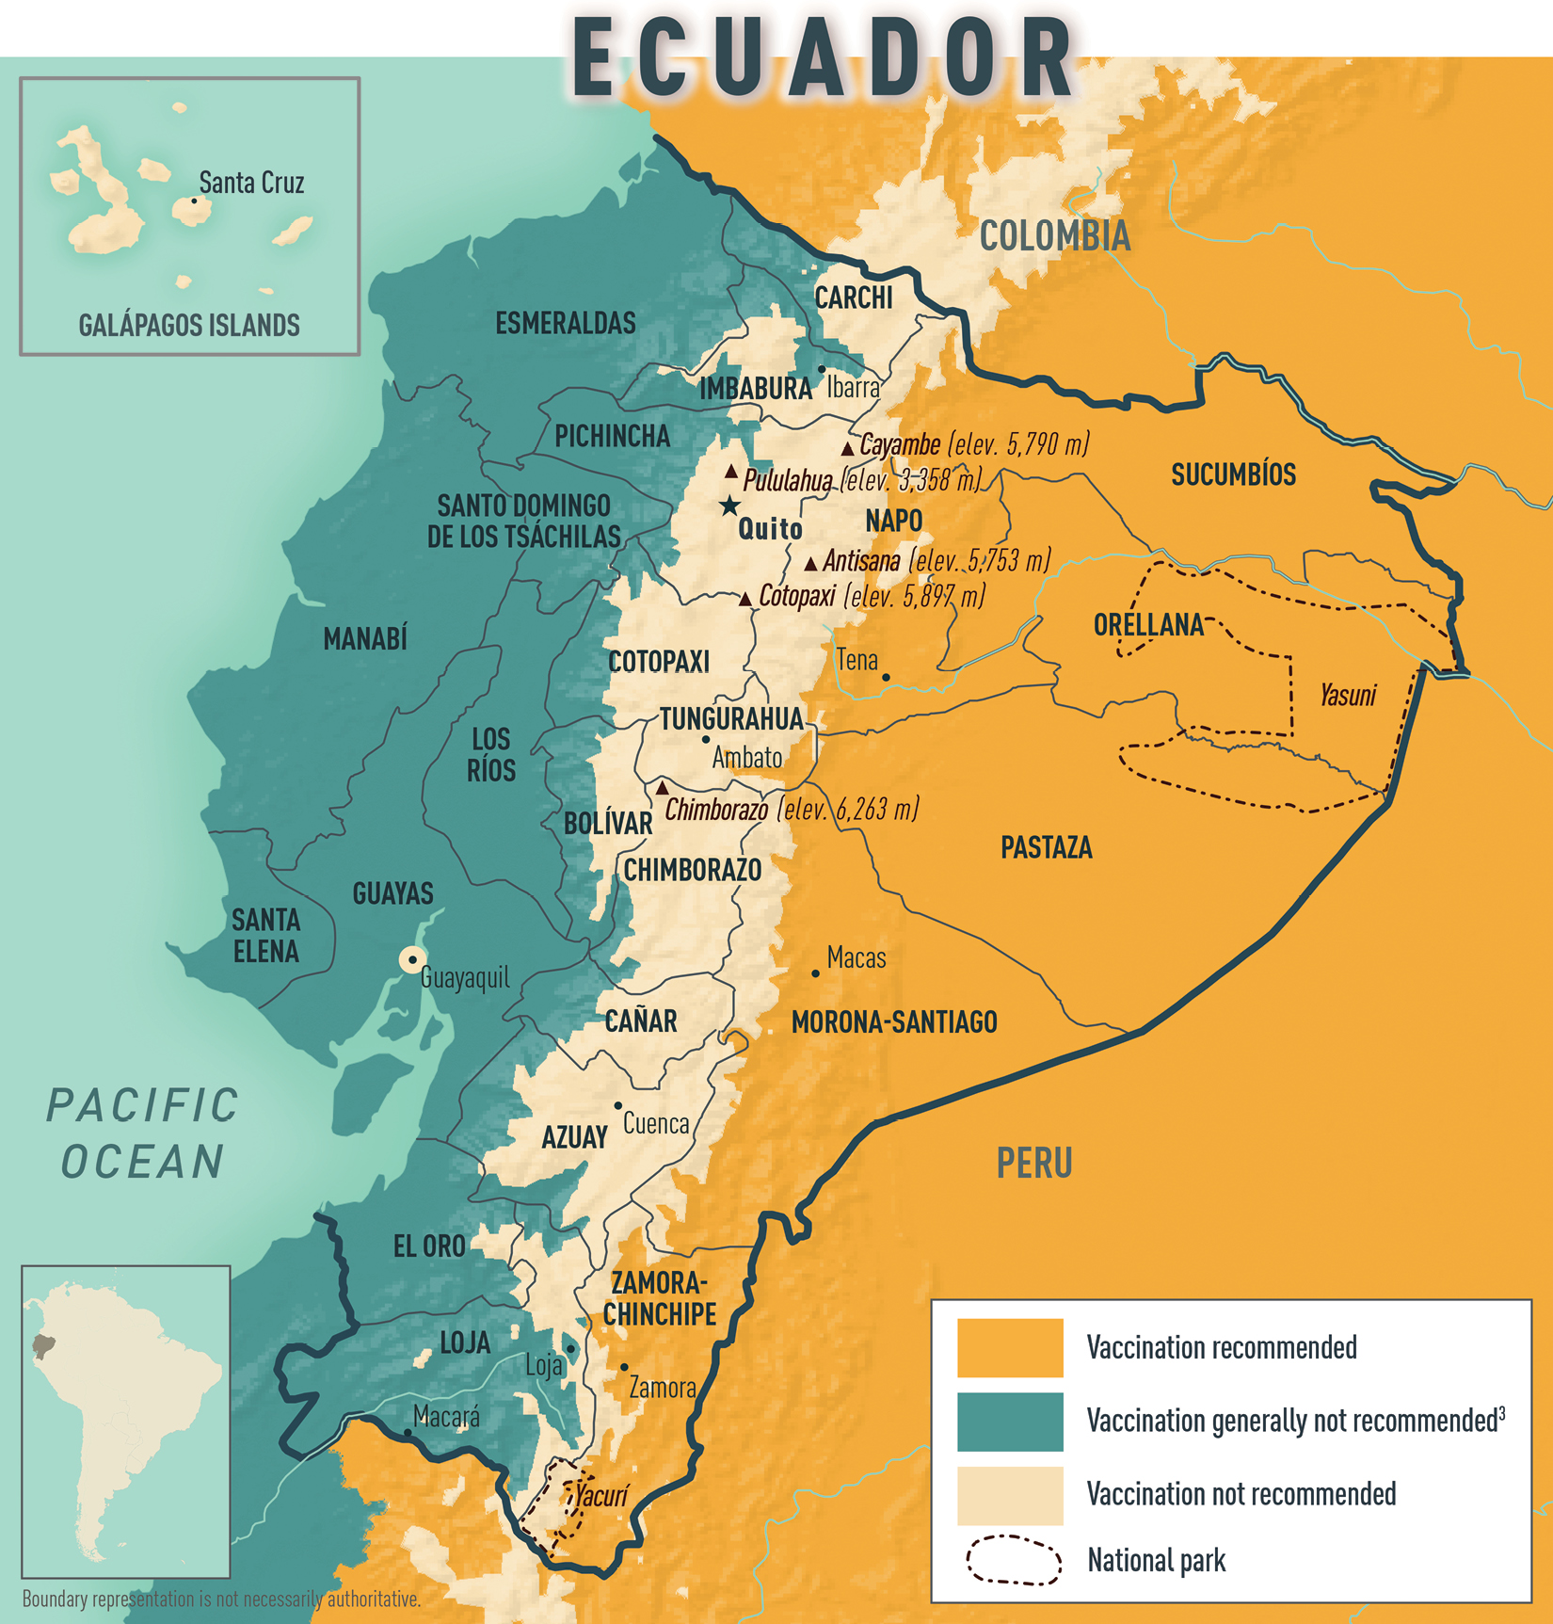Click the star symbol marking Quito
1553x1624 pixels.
(729, 506)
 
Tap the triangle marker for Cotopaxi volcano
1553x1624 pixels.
(745, 599)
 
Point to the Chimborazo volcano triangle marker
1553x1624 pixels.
(663, 788)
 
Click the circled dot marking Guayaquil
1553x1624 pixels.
(411, 959)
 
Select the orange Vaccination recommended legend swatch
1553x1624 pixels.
(1009, 1347)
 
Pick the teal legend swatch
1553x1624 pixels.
(1009, 1421)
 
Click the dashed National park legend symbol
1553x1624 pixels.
(1013, 1560)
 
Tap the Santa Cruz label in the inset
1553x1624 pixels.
(251, 183)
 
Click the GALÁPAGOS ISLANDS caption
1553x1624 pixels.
(189, 326)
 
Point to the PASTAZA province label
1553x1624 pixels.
(1046, 847)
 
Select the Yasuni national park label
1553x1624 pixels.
(1347, 696)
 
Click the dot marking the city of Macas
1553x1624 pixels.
(815, 973)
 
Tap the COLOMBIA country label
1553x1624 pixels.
(1054, 236)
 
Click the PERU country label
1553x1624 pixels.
(1033, 1164)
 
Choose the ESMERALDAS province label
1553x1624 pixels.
(566, 323)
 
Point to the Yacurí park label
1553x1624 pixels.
(600, 1495)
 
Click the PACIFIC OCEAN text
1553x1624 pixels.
(143, 1134)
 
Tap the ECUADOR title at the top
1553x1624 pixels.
(822, 58)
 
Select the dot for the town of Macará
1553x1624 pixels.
(407, 1432)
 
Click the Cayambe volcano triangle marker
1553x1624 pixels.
(847, 449)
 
